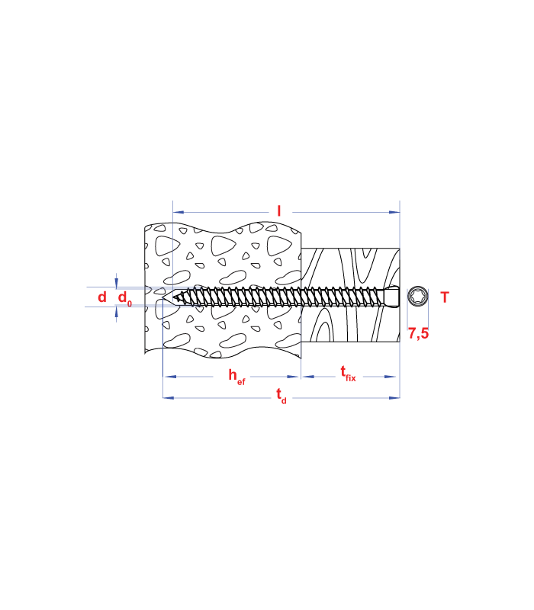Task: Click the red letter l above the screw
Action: (279, 211)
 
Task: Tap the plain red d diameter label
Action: (102, 297)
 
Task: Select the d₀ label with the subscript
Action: (124, 298)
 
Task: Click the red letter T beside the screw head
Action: (445, 297)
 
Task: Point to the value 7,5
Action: (417, 333)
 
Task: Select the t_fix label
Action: (347, 373)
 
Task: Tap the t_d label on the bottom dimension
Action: (281, 395)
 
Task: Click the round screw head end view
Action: (417, 296)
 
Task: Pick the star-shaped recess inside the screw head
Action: (417, 296)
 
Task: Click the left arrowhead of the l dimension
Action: (178, 212)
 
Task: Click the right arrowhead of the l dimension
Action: (395, 212)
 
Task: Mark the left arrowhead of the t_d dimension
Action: (168, 398)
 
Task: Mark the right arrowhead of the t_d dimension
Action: (395, 398)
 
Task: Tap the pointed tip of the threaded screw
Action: (183, 297)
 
